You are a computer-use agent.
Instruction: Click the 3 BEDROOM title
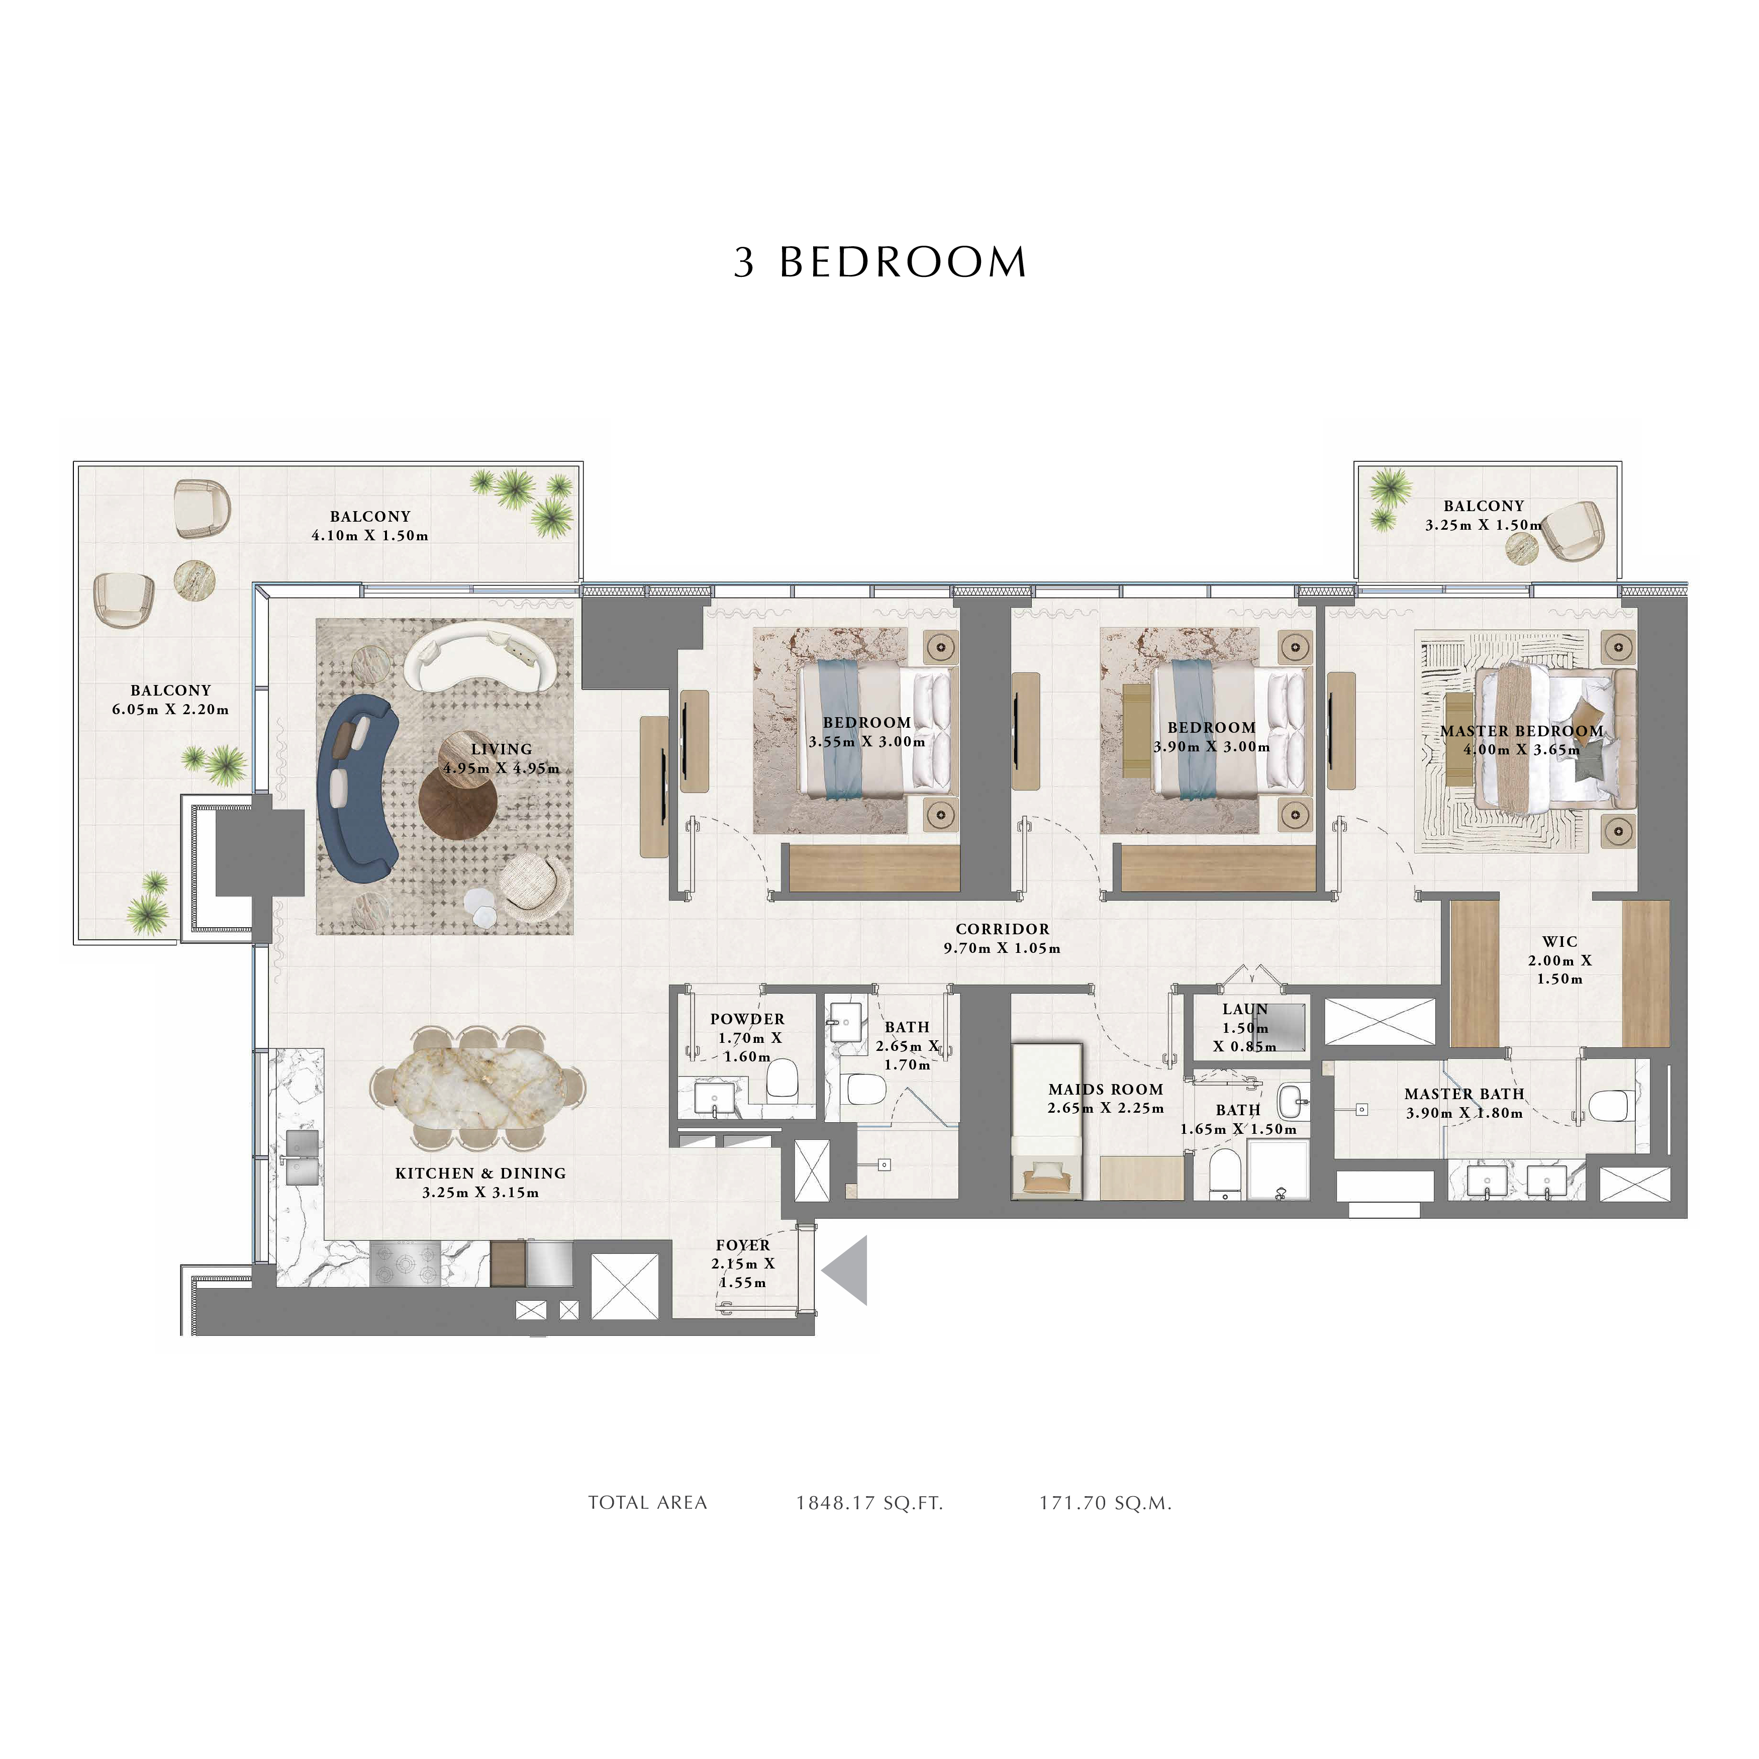coord(879,262)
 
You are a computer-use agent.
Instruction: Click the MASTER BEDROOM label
coord(1521,731)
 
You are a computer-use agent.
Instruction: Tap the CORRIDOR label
coord(1003,929)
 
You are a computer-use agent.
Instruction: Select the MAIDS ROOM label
coord(1105,1089)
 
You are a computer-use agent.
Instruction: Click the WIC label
coord(1559,941)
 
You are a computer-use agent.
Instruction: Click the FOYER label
coord(743,1244)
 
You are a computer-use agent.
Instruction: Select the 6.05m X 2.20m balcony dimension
coord(170,709)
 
